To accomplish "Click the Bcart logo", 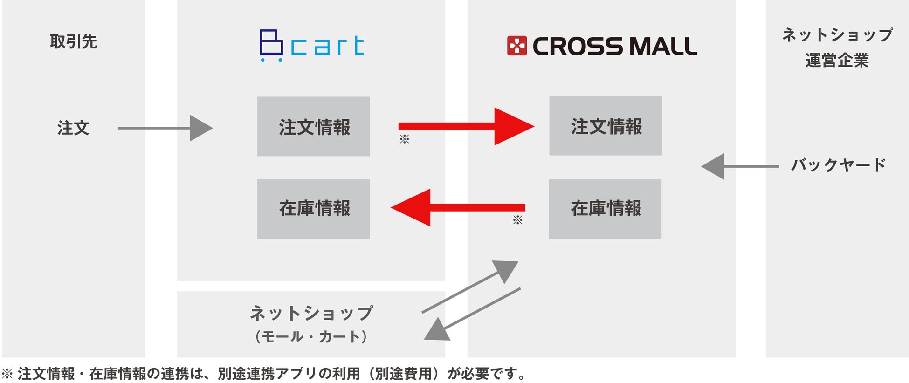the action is click(311, 46).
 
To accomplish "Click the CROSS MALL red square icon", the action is click(516, 46).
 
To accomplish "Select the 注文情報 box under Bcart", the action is click(313, 126).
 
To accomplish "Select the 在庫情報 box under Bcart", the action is click(313, 209).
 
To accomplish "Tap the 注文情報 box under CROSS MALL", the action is click(605, 125).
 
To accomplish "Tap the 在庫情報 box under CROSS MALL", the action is click(605, 209).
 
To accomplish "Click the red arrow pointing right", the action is click(466, 126).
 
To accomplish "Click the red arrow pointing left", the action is click(458, 207).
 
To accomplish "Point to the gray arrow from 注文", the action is click(165, 128).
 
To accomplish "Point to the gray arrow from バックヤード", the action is click(739, 166).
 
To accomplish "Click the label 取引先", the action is click(74, 42).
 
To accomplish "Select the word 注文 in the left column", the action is click(73, 128).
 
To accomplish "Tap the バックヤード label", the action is click(838, 165).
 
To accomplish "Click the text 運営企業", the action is click(837, 61).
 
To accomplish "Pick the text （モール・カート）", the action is click(311, 336).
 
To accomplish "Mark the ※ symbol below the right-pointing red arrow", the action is click(404, 139).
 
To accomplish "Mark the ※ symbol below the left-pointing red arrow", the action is click(517, 220).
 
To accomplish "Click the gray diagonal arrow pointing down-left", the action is click(472, 314).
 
